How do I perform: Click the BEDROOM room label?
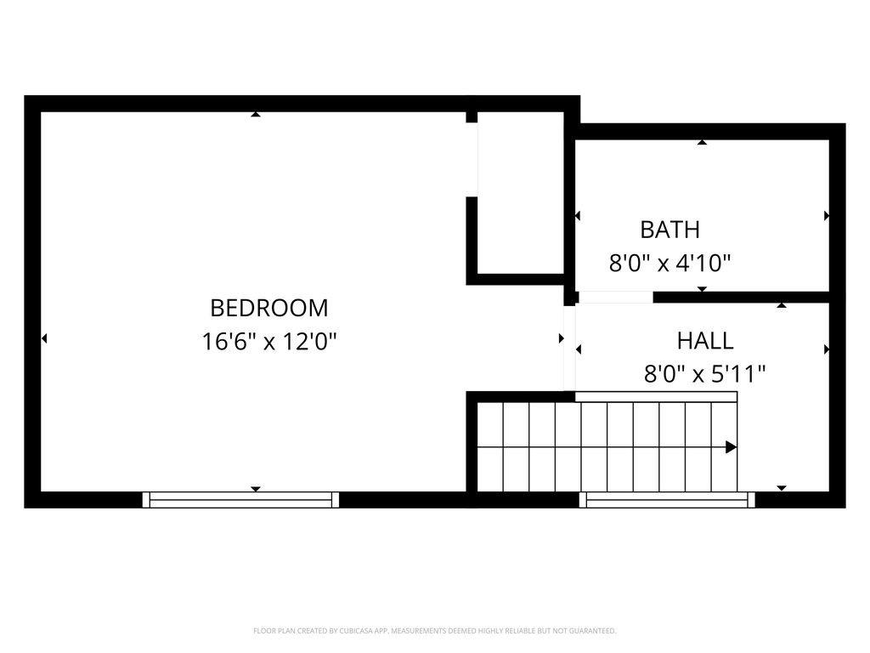tap(268, 307)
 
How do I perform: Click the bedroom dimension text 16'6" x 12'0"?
tap(269, 342)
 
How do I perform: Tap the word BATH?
tap(669, 230)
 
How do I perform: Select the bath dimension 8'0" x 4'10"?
tap(670, 264)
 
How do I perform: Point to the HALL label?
tap(704, 341)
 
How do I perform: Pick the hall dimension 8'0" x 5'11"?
tap(704, 374)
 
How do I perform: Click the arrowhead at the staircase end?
tap(731, 447)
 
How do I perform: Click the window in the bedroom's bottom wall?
tap(240, 500)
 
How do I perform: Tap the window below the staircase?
tap(667, 500)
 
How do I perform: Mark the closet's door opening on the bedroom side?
tap(472, 160)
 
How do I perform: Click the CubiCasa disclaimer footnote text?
tap(434, 631)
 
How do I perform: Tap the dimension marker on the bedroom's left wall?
tap(44, 338)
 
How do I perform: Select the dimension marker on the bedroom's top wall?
tap(255, 114)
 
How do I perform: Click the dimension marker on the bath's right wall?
tap(827, 216)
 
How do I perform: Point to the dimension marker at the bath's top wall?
tap(702, 142)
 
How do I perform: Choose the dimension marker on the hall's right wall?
tap(827, 349)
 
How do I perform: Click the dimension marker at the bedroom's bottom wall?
tap(255, 489)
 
